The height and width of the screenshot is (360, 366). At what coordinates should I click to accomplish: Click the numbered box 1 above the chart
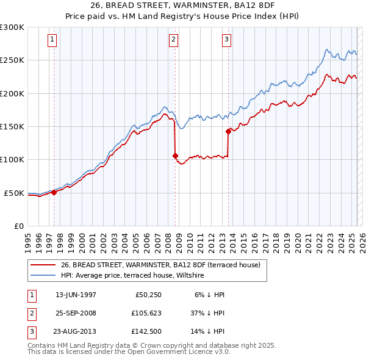coord(52,40)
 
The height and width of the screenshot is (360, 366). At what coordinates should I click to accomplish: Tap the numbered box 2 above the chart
coord(174,40)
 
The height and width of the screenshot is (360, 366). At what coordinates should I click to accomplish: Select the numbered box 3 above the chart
coord(226,40)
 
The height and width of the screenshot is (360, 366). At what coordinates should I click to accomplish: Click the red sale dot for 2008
coord(176,156)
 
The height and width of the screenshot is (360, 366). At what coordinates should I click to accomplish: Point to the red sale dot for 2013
coord(228,131)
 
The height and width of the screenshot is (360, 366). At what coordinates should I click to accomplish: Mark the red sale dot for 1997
coord(54,192)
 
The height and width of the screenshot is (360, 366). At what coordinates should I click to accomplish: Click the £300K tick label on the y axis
coord(12,27)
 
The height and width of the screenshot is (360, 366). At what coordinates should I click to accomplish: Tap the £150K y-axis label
coord(12,127)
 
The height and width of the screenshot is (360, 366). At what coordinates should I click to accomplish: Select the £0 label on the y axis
coord(18,226)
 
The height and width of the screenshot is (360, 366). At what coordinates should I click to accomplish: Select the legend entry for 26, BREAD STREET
coord(160,265)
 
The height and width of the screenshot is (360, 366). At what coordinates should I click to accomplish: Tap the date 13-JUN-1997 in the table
coord(76,295)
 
